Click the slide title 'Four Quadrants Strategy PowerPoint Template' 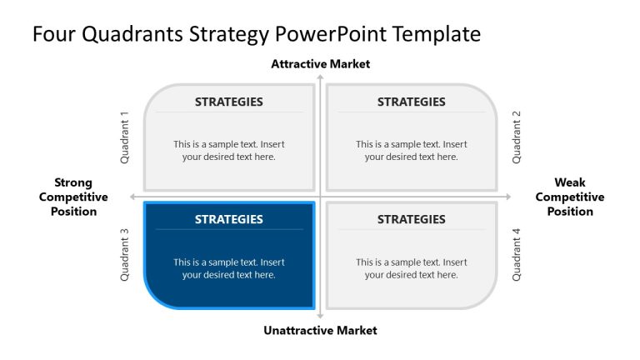point(257,34)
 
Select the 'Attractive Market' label point(320,64)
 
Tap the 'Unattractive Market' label point(320,331)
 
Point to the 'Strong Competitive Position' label point(73,197)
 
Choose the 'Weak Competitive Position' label point(570,197)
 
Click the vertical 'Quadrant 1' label point(125,137)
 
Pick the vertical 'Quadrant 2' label point(517,137)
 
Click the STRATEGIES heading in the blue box point(228,220)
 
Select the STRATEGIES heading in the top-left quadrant point(228,102)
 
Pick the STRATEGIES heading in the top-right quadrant point(411,102)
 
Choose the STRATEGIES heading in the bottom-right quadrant point(411,220)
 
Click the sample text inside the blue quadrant point(228,268)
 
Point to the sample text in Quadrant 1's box point(228,151)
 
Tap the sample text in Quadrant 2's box point(411,151)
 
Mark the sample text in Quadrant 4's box point(411,268)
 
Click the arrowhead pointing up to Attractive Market point(320,77)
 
